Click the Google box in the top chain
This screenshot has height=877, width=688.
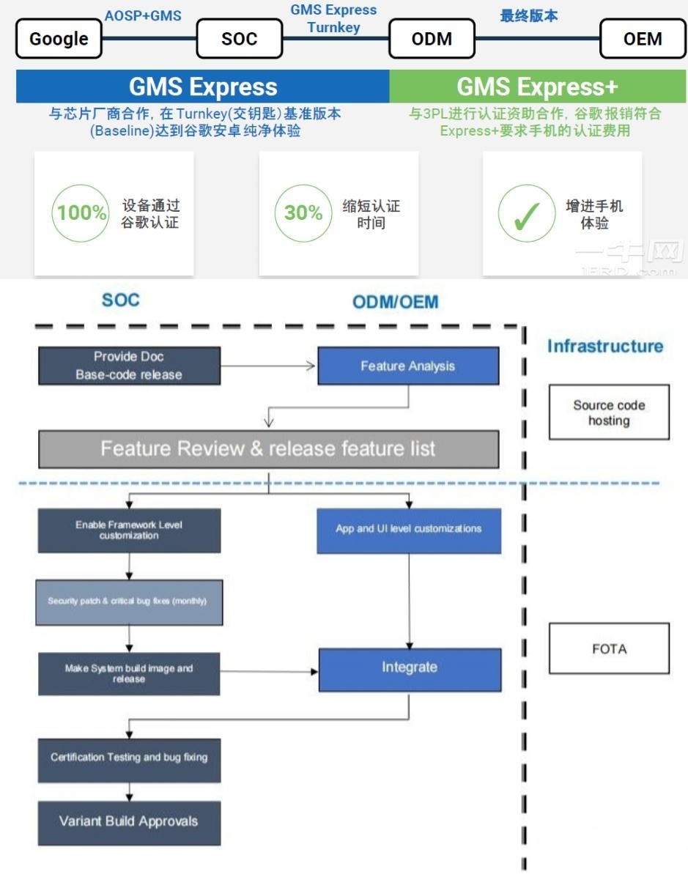59,39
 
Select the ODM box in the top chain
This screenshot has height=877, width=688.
432,39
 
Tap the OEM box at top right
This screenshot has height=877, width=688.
643,39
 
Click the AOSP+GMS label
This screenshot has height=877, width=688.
143,15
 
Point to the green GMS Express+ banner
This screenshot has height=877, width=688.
537,87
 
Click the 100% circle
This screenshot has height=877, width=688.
82,213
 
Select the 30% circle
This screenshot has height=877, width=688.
303,213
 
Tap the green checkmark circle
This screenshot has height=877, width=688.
526,213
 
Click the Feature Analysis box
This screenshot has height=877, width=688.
408,366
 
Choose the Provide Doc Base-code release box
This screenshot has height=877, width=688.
129,366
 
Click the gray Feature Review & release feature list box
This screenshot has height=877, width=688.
268,448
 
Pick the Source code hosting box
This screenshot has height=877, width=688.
609,413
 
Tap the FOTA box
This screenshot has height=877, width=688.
609,649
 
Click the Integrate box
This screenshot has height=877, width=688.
410,668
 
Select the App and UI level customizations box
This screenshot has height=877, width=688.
409,530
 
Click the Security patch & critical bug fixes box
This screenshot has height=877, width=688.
128,602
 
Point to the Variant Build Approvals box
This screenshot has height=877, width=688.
129,821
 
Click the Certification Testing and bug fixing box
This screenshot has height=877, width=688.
129,758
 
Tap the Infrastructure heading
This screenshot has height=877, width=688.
604,347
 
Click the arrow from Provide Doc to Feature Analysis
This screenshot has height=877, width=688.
268,366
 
